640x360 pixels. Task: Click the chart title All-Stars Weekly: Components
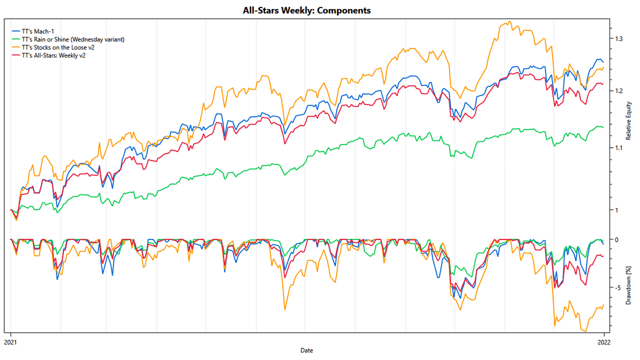click(x=306, y=10)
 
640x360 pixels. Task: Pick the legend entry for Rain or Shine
click(x=73, y=39)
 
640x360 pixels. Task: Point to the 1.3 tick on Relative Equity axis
click(x=619, y=39)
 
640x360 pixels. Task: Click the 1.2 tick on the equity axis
click(x=619, y=91)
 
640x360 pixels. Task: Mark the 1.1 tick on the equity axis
click(x=619, y=147)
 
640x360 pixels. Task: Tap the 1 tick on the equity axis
click(x=617, y=210)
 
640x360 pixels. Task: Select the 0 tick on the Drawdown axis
click(x=617, y=239)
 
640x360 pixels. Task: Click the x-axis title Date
click(x=307, y=350)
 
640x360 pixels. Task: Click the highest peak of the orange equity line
click(x=510, y=22)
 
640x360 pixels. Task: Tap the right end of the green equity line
click(x=603, y=127)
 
